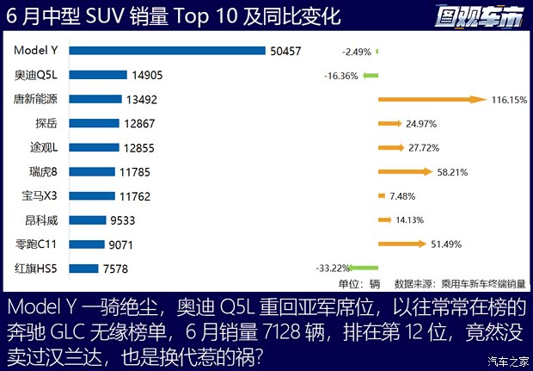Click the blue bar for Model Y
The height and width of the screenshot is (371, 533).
167,51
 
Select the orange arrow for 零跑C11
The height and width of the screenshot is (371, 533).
401,244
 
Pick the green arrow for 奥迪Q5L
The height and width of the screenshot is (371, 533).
371,76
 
